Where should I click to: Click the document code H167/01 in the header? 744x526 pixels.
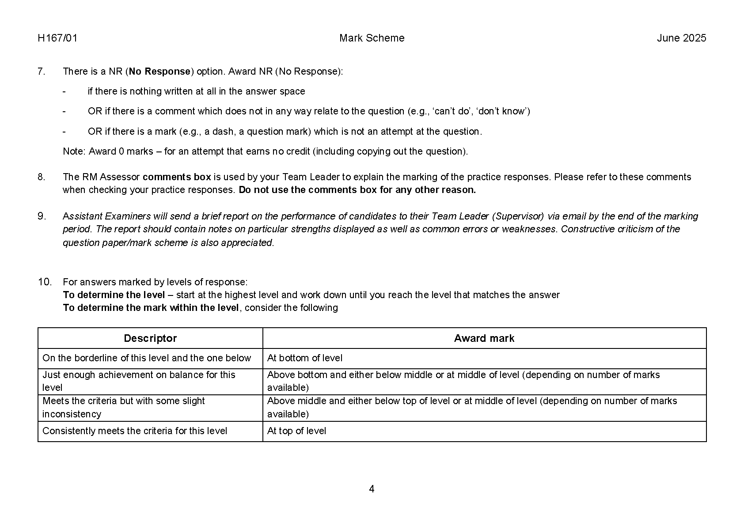[x=57, y=38]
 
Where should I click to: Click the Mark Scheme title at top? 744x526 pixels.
[x=372, y=38]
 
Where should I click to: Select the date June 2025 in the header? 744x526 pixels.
[x=681, y=38]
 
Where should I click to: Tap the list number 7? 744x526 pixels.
[x=42, y=71]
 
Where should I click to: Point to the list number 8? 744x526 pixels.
[x=42, y=177]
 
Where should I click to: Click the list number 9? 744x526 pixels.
[x=42, y=216]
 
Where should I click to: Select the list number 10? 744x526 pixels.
[x=45, y=282]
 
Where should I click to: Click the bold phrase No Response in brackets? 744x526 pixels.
[x=159, y=71]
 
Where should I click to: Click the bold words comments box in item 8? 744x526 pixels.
[x=177, y=177]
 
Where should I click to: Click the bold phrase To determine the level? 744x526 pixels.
[x=114, y=295]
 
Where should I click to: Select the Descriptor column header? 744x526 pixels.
[x=150, y=338]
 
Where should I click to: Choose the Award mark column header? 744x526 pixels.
[x=484, y=338]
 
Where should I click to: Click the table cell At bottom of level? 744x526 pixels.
[x=305, y=358]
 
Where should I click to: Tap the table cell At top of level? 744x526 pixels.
[x=296, y=431]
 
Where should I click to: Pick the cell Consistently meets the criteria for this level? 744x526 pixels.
[x=135, y=431]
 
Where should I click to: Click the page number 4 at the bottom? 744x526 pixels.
[x=372, y=489]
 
